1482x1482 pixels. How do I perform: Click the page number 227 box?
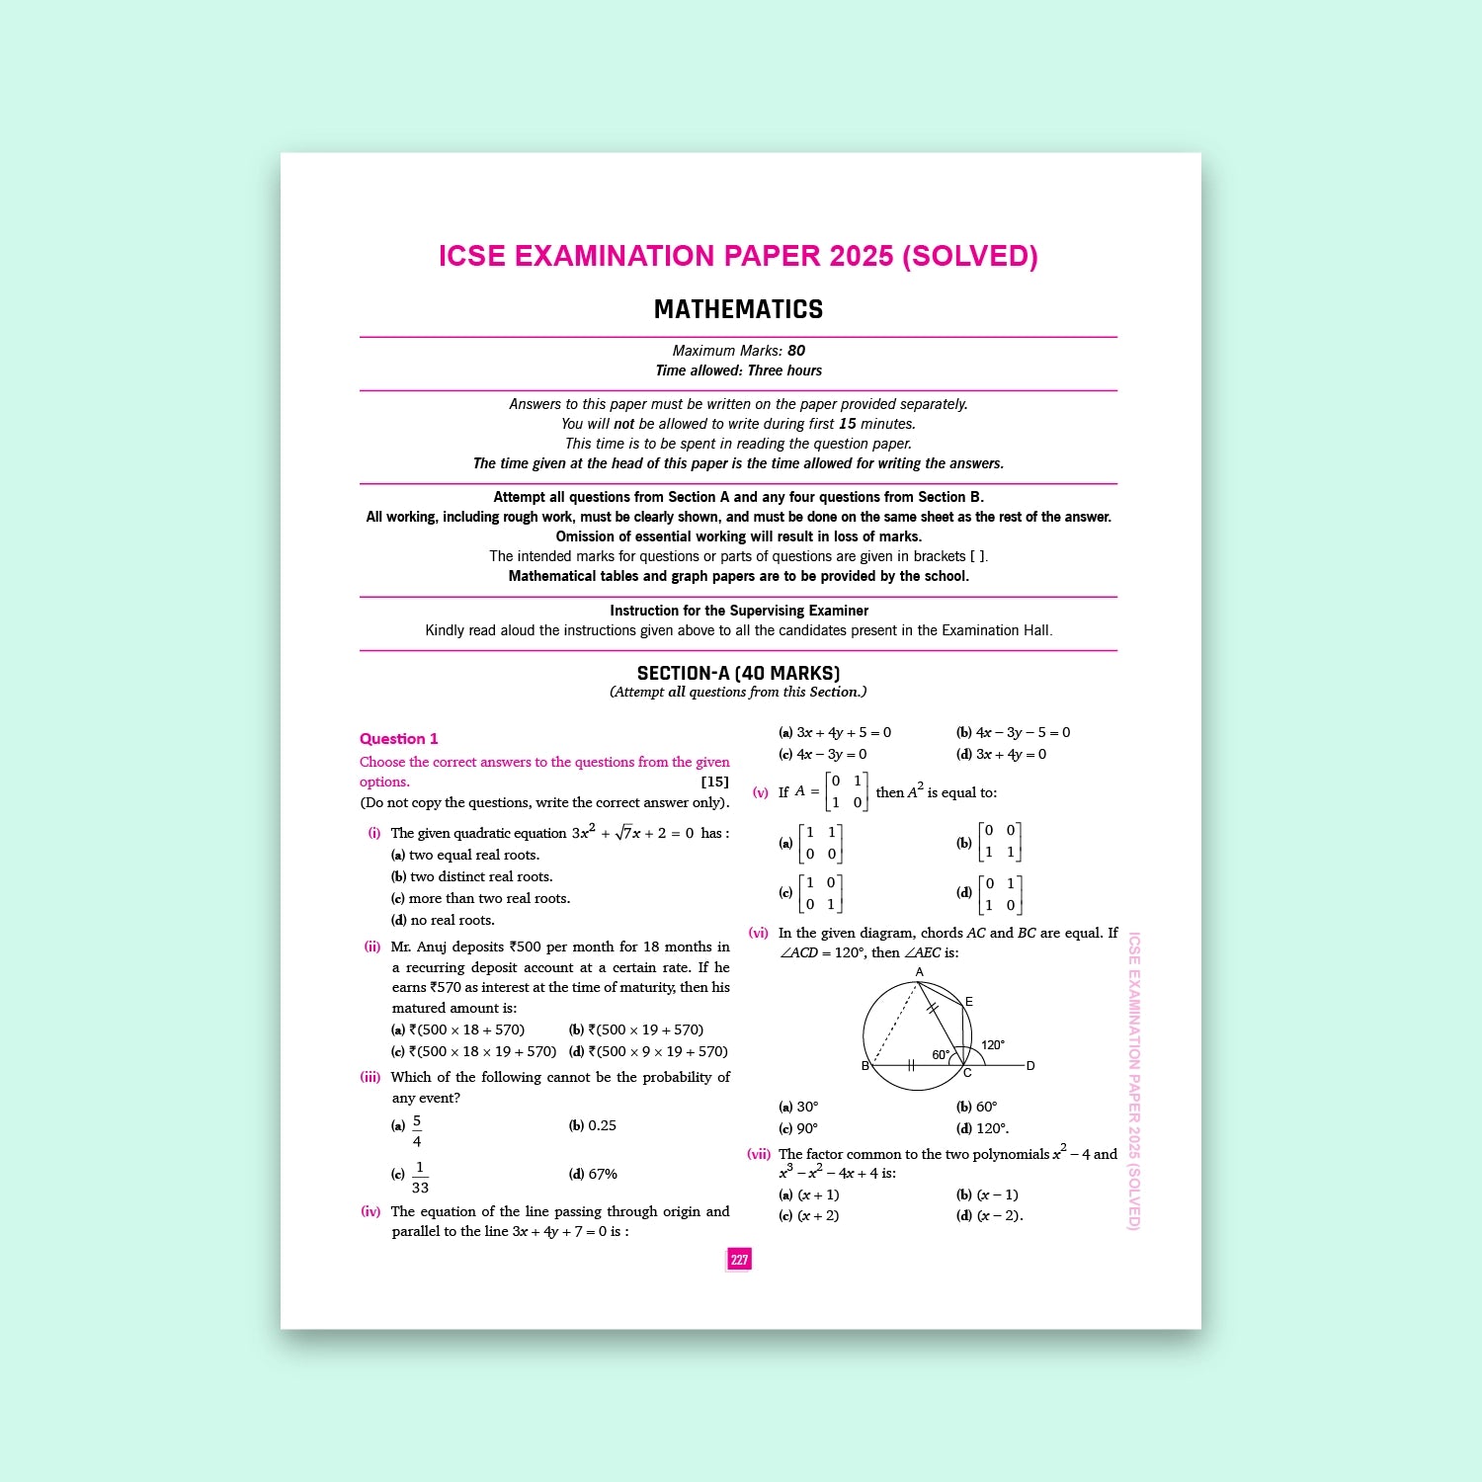(x=739, y=1259)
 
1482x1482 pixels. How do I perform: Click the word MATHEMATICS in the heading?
(x=738, y=309)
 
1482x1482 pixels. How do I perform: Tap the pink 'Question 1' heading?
(x=398, y=739)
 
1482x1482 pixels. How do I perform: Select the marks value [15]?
(x=714, y=782)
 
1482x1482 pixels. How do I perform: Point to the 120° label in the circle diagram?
(x=992, y=1044)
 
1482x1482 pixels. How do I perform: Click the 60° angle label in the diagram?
(x=941, y=1054)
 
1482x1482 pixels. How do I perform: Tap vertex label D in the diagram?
(x=1030, y=1066)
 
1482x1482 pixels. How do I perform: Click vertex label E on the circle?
(x=969, y=1002)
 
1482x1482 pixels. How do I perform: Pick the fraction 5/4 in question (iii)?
(x=417, y=1131)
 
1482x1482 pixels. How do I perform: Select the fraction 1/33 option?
(x=420, y=1178)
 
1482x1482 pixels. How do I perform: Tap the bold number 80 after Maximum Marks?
(x=796, y=351)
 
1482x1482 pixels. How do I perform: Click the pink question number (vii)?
(x=759, y=1154)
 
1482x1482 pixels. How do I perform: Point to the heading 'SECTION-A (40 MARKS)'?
(x=738, y=673)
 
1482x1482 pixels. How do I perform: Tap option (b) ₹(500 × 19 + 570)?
(x=636, y=1029)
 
